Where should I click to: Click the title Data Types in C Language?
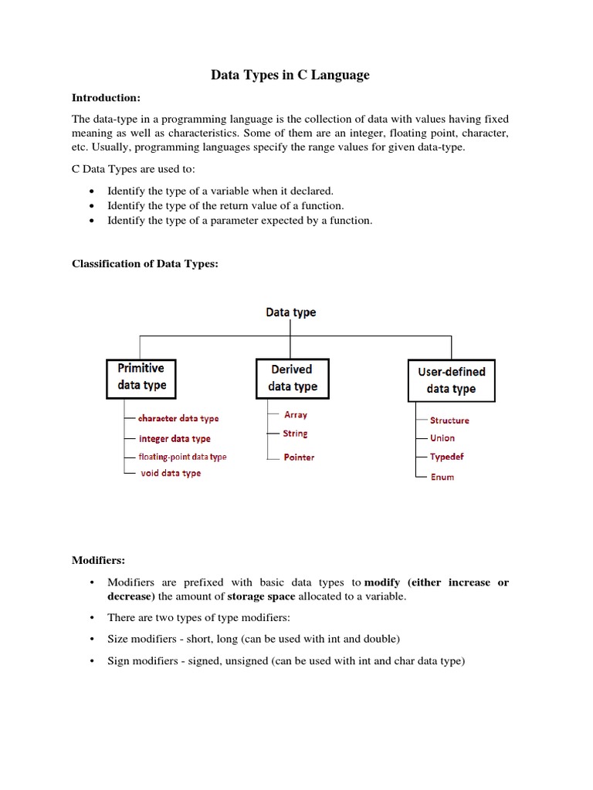coord(290,75)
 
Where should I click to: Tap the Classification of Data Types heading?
coord(145,264)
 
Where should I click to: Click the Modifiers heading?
coord(98,559)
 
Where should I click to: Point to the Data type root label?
coord(290,312)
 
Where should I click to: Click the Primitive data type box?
coord(141,377)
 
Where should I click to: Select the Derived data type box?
coord(293,378)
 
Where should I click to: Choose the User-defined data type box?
coord(451,380)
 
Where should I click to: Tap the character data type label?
coord(178,418)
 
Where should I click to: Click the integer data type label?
coord(175,438)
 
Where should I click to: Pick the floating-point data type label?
coord(182,457)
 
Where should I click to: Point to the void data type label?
coord(171,473)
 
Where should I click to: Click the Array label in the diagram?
coord(296,414)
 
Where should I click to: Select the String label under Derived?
coord(295,434)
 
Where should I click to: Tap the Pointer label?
coord(299,457)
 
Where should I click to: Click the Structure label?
coord(449,420)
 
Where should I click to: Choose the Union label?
coord(442,438)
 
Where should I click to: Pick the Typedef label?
coord(447,457)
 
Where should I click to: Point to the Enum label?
coord(442,477)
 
